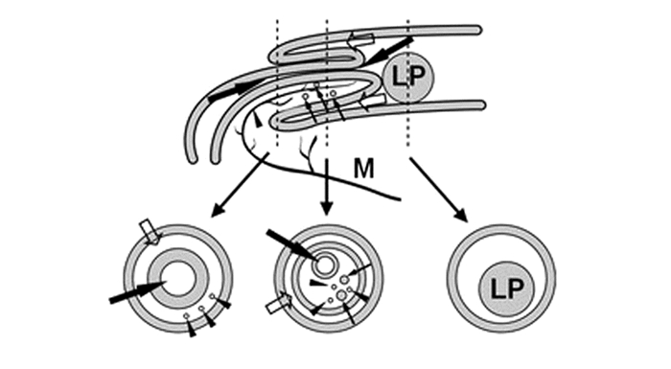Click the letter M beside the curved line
tap(363, 169)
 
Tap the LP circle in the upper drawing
tap(407, 78)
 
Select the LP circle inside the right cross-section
tap(507, 288)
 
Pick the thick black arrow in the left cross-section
tap(137, 291)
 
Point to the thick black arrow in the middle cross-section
tap(291, 244)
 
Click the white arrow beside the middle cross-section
tap(279, 303)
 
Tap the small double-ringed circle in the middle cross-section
tap(323, 265)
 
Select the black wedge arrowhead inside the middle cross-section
tap(319, 282)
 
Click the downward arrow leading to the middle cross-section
tap(327, 187)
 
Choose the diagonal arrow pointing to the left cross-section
tap(240, 184)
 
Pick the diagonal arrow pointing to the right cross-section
tap(438, 190)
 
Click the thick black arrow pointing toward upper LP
tap(389, 51)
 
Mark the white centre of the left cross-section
tap(178, 279)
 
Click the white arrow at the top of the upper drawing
tap(360, 38)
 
